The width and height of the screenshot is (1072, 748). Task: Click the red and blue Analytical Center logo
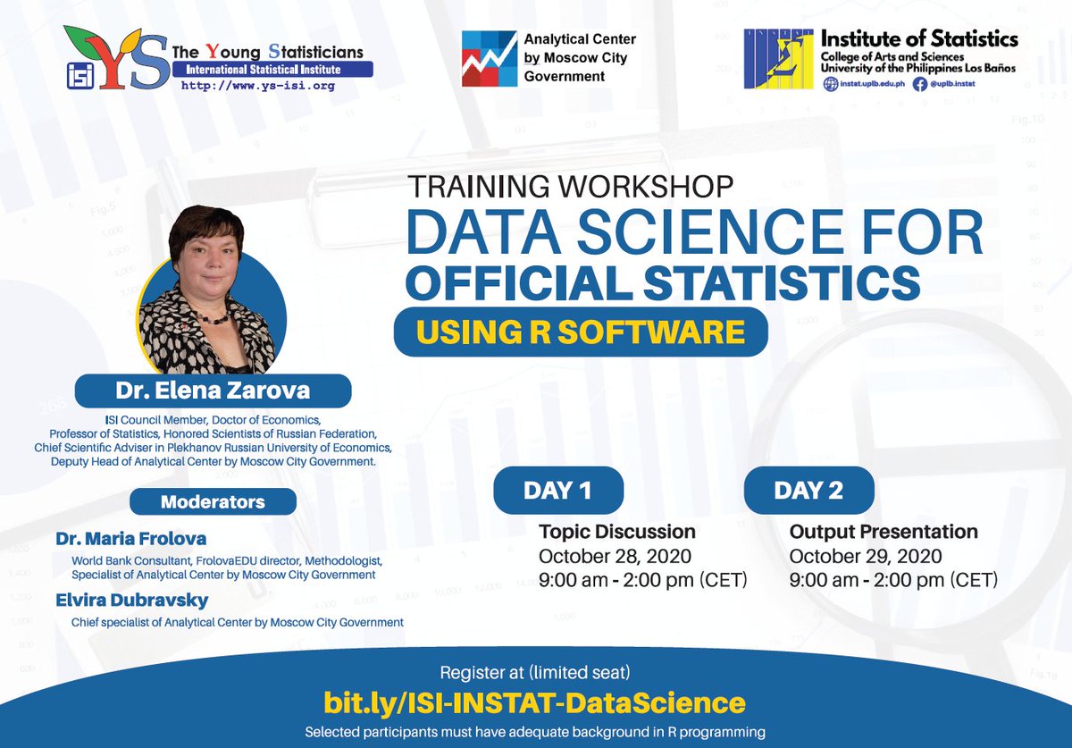click(488, 59)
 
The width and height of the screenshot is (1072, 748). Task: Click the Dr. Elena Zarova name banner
click(213, 391)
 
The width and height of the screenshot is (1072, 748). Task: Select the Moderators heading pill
click(213, 501)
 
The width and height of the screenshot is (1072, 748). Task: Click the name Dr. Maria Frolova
click(131, 539)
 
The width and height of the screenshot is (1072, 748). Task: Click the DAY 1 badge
click(557, 490)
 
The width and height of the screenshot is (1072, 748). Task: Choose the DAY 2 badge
click(808, 490)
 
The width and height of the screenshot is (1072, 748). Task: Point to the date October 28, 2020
click(615, 556)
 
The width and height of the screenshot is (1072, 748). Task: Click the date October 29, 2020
click(866, 556)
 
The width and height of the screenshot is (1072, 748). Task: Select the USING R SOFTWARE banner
click(581, 332)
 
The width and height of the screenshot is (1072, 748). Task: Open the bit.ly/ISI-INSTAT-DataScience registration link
click(534, 702)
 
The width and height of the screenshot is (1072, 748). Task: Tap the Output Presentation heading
click(884, 532)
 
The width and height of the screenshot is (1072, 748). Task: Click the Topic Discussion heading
click(617, 532)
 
